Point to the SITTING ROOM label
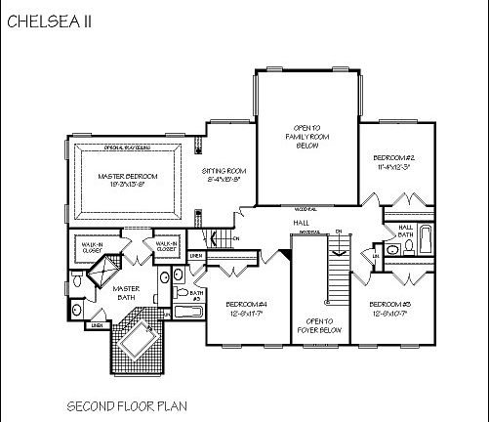224,176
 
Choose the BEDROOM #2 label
395,162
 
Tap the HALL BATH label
406,231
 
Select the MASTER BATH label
127,293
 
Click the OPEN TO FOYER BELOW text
320,326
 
